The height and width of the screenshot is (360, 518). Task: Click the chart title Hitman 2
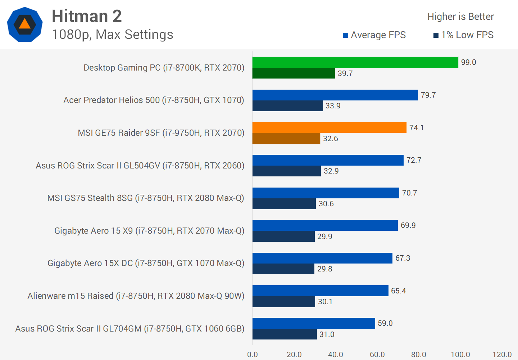87,16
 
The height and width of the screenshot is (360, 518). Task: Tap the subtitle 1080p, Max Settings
112,35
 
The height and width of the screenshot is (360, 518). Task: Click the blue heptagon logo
25,24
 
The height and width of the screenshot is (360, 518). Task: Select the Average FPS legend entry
374,35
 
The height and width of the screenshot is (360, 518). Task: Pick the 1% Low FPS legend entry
463,35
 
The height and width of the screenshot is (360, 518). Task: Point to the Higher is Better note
460,17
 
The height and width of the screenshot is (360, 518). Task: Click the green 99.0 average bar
355,62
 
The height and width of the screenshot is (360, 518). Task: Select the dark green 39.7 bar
294,73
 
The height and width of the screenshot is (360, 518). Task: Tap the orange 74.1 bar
329,127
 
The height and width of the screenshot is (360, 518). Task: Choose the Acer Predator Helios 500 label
154,100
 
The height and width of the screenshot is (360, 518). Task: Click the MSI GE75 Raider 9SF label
161,133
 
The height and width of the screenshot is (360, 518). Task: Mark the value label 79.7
428,95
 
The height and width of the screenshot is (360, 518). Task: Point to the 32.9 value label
331,171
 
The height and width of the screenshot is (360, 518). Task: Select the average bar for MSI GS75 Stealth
326,193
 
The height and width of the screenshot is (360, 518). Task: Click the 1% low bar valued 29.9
283,237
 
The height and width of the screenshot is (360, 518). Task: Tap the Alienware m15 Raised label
136,296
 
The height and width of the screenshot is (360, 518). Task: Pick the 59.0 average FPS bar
314,323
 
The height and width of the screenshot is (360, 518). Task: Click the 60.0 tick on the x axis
377,355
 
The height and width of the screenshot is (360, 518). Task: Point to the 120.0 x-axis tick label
502,355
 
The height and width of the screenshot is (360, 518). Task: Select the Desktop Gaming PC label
164,68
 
